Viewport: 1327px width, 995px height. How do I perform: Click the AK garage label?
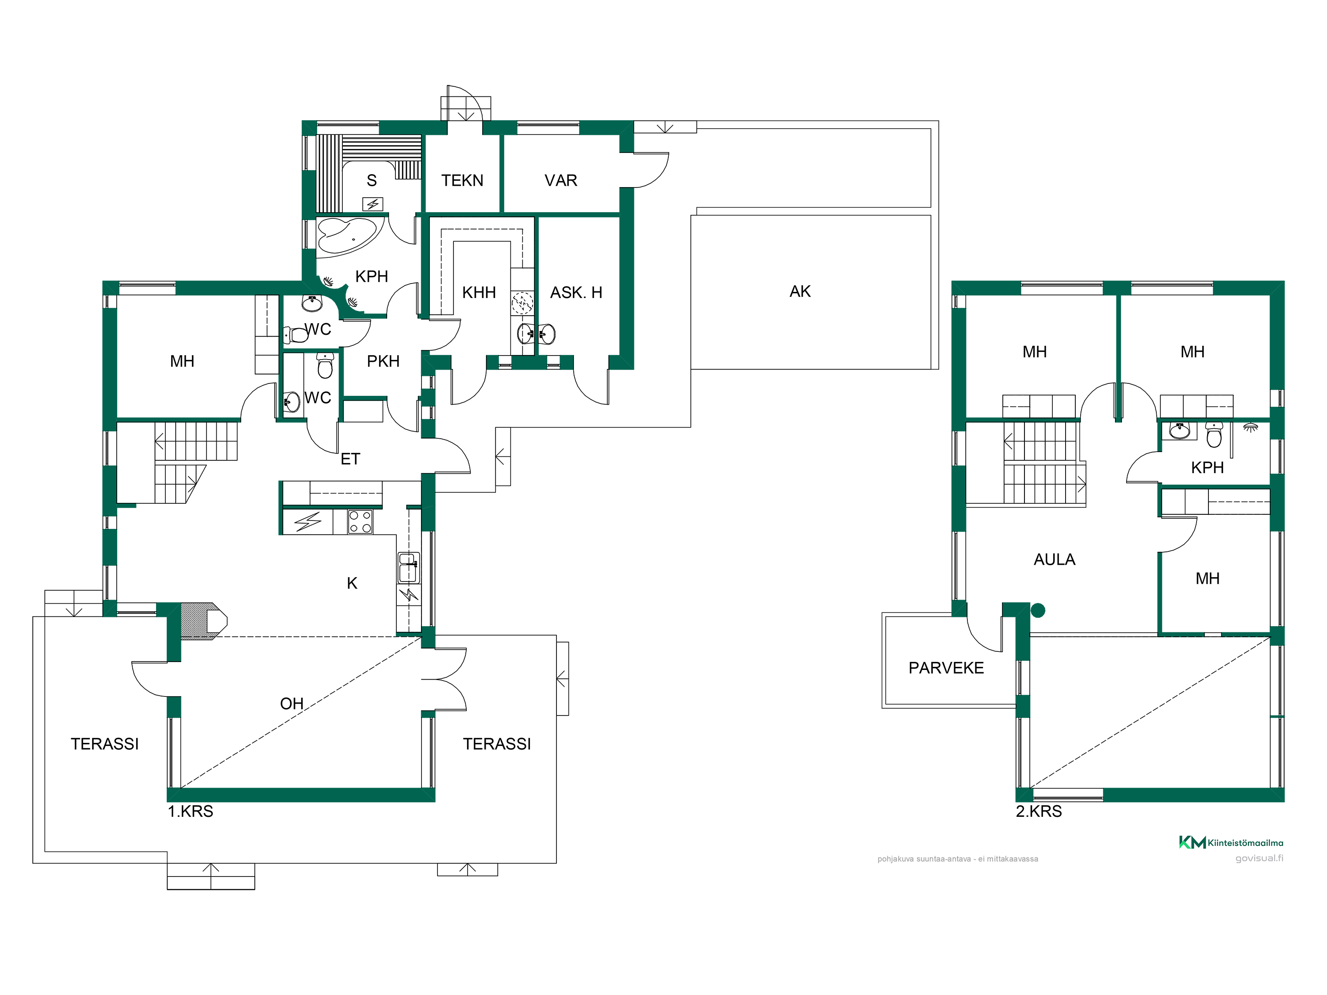(800, 291)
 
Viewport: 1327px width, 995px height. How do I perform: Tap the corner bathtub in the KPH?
(346, 236)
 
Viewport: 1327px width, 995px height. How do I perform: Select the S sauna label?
(372, 180)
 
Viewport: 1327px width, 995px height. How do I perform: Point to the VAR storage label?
(561, 180)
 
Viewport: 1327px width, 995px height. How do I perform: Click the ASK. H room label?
(576, 293)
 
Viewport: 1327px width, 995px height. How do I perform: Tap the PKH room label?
(384, 361)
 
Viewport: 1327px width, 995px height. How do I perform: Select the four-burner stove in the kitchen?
(360, 521)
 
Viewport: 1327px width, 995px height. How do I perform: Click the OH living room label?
(292, 704)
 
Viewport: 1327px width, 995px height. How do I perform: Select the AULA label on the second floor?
(1054, 559)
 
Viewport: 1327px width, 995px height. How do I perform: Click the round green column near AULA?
(1038, 611)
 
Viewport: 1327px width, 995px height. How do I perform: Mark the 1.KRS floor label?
(190, 811)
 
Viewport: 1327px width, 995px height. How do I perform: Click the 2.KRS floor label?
(1039, 811)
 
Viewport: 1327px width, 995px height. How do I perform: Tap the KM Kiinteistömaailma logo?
(1231, 843)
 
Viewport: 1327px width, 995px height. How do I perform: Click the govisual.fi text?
(1259, 858)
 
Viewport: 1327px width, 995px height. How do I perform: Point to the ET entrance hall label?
(350, 459)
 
